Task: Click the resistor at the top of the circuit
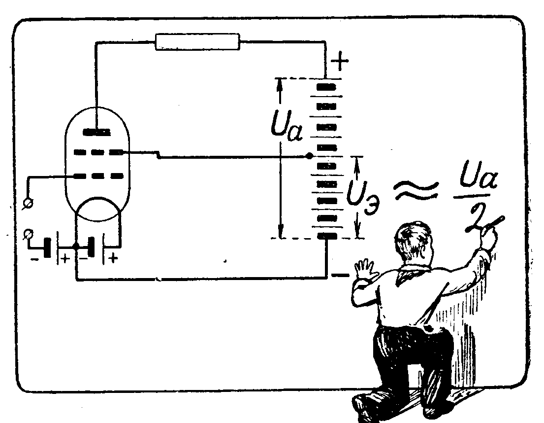pos(197,41)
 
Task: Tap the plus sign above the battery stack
pos(340,62)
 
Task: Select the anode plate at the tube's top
pos(96,132)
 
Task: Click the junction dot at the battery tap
pos(309,156)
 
